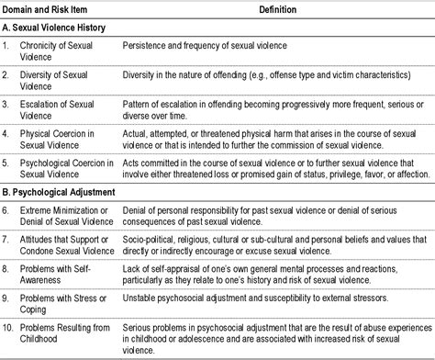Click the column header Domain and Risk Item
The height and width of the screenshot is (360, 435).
[x=52, y=10]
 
